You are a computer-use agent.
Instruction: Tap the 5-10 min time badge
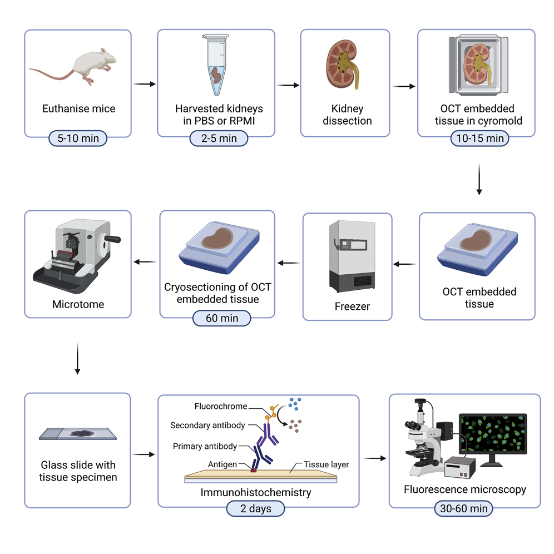coord(78,138)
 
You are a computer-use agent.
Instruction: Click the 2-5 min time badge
coord(216,138)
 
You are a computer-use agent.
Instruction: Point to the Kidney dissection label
coord(347,115)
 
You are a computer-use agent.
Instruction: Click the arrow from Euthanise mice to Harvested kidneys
coord(145,85)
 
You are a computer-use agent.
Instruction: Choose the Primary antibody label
coord(205,446)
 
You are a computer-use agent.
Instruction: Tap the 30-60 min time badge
coord(463,508)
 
